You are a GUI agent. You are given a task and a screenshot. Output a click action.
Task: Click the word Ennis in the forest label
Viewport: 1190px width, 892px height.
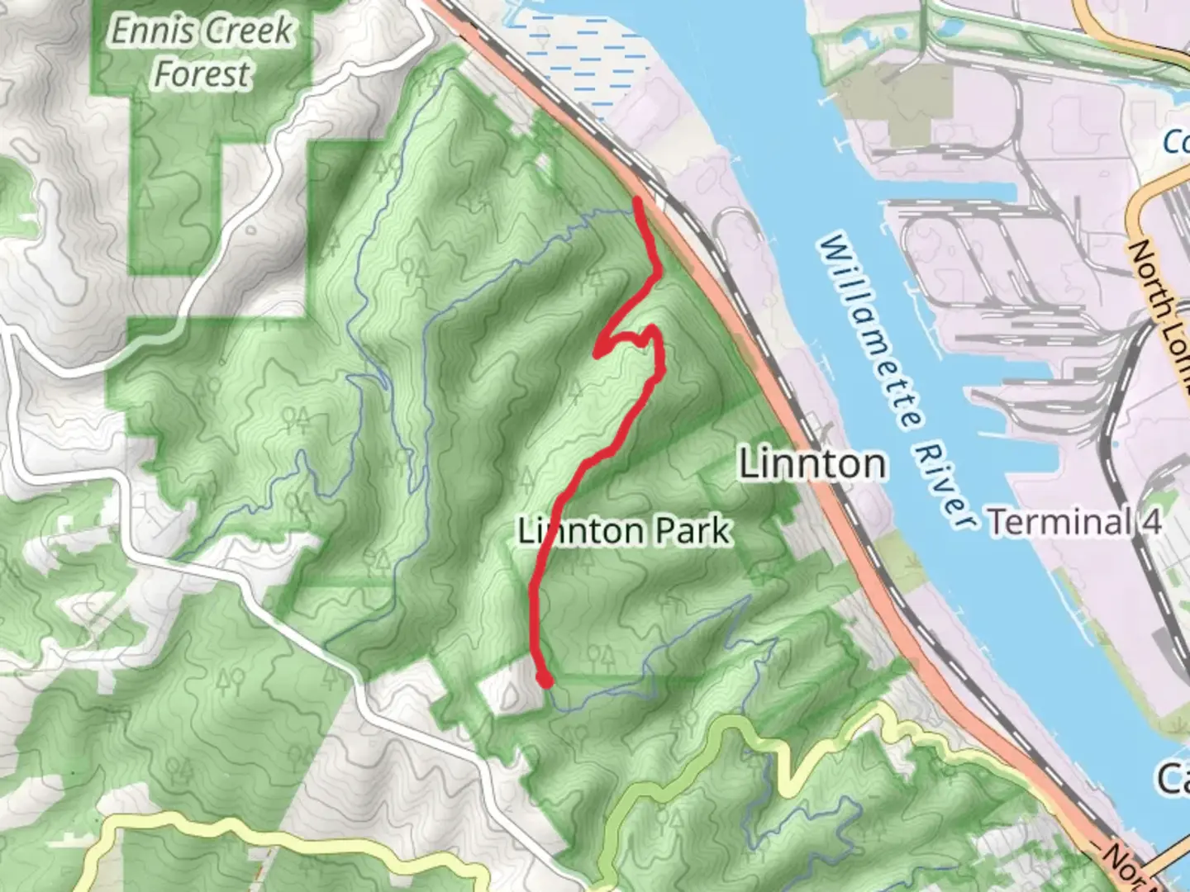(x=149, y=31)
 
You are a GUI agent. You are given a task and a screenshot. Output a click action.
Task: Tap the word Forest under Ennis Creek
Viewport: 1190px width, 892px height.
(x=202, y=74)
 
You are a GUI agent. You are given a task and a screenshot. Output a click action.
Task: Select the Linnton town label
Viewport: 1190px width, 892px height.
(x=812, y=463)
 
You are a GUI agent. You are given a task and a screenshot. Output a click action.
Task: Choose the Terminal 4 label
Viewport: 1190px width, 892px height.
(x=1075, y=522)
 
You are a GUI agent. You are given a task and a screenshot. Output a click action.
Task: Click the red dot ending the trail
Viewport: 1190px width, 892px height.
(x=545, y=680)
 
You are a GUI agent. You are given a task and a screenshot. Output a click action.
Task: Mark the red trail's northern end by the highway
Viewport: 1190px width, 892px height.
(x=637, y=201)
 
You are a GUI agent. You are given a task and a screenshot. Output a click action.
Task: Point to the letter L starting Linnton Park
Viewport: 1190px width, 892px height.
(x=526, y=531)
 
